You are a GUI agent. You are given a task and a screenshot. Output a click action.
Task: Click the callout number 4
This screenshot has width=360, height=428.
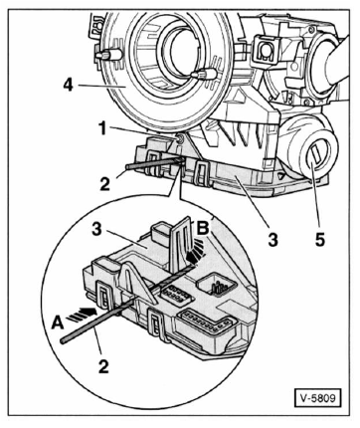(x=68, y=86)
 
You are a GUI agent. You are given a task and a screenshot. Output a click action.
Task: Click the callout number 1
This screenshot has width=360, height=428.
(x=103, y=129)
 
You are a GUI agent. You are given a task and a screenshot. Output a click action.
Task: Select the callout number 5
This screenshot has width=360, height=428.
(x=320, y=239)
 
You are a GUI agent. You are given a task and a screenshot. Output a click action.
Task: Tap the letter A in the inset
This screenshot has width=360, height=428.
(x=58, y=322)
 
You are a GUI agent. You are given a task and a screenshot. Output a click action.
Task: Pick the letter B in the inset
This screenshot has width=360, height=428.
(x=203, y=228)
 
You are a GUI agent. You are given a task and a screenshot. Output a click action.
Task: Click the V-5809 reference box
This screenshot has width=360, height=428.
(x=317, y=398)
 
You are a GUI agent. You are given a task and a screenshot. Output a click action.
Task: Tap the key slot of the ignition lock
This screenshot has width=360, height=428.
(x=315, y=157)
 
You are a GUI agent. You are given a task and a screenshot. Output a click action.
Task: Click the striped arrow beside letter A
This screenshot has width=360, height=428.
(x=82, y=314)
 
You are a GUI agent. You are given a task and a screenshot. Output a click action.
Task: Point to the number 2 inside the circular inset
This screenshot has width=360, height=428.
(x=103, y=366)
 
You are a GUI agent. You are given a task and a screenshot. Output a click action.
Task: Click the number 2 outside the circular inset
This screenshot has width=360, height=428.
(x=104, y=184)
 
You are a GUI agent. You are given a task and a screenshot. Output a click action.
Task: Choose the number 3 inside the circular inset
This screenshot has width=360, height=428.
(x=96, y=229)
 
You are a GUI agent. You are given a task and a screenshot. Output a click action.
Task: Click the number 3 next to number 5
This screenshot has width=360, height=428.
(x=272, y=240)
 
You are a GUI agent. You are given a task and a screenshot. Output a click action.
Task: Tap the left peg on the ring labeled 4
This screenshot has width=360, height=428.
(x=109, y=55)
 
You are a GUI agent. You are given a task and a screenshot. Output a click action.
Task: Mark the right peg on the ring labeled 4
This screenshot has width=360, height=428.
(x=204, y=74)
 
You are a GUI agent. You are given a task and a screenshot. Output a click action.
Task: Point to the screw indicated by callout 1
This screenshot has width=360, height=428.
(x=179, y=139)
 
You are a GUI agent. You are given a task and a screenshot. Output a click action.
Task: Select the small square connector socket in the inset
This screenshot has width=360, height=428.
(x=217, y=284)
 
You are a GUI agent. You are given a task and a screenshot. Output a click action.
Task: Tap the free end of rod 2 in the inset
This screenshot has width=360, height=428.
(x=63, y=340)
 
